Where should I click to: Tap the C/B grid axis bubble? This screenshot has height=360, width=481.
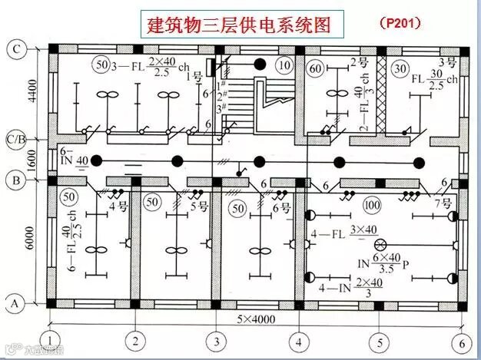click(x=15, y=140)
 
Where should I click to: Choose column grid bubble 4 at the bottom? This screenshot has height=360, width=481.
click(x=299, y=341)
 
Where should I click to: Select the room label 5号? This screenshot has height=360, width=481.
click(x=198, y=206)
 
